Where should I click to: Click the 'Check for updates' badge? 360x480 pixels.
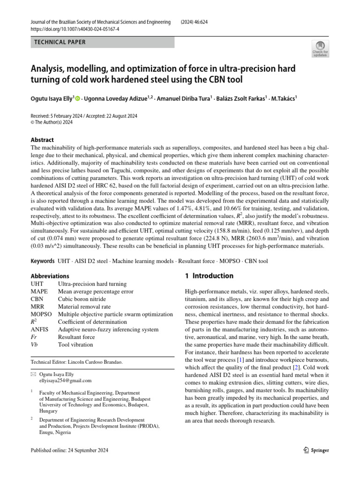click(320, 49)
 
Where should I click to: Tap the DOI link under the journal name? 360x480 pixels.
click(75, 29)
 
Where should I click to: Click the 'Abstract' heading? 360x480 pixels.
click(42, 140)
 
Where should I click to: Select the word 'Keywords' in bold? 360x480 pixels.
click(42, 261)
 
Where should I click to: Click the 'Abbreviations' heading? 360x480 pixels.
click(50, 276)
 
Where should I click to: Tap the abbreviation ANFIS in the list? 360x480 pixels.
click(39, 330)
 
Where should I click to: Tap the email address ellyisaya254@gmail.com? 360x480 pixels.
click(65, 381)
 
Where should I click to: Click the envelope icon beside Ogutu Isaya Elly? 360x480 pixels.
click(33, 375)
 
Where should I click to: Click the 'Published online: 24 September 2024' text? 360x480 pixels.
click(69, 450)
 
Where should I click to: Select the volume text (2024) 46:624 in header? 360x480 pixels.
click(198, 22)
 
